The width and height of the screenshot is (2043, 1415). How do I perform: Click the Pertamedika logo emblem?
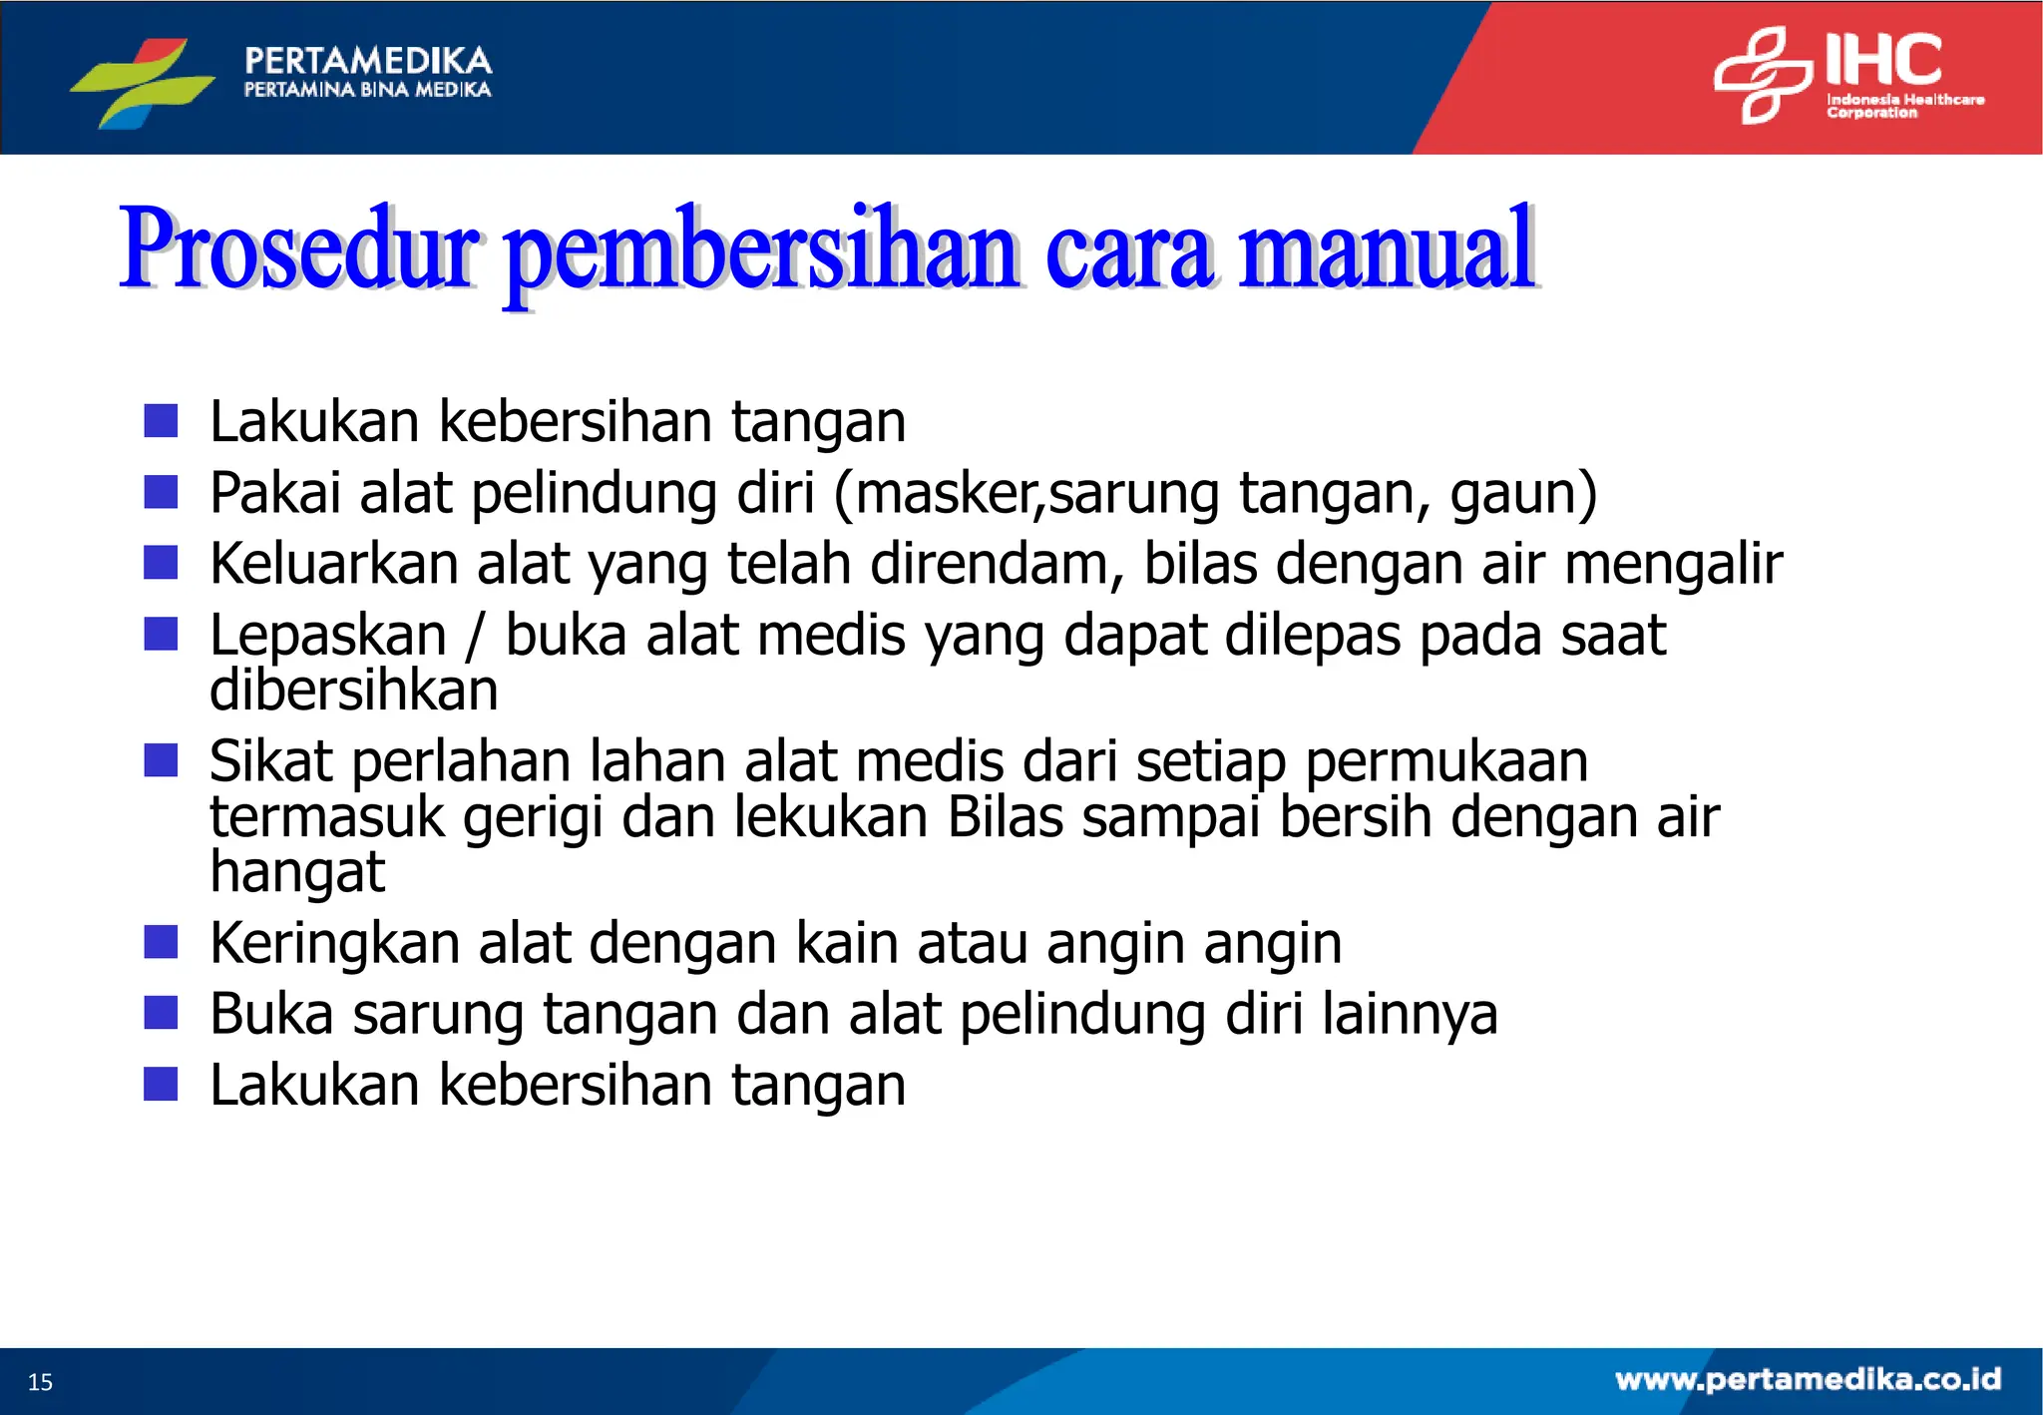pos(143,82)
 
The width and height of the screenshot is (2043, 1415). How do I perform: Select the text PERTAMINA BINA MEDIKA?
pos(367,90)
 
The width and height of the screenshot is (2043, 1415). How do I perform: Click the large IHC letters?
pos(1883,60)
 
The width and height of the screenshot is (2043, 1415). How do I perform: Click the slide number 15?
pos(40,1382)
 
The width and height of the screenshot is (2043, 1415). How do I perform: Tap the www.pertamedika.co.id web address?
pos(1808,1379)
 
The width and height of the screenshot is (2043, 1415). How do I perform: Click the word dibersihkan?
pos(353,691)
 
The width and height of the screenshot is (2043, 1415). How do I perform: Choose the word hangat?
pos(296,872)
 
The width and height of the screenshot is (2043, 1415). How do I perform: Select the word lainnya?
pos(1410,1015)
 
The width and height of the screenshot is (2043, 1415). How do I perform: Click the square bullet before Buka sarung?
pos(161,1013)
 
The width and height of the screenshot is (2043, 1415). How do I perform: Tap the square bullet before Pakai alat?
pos(161,492)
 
